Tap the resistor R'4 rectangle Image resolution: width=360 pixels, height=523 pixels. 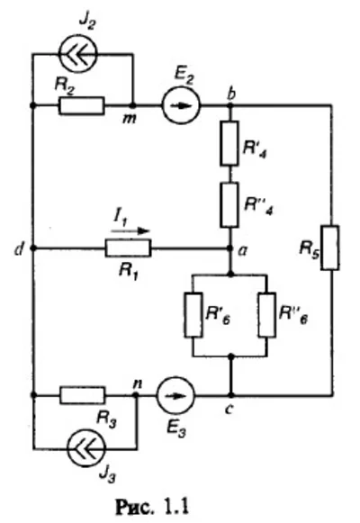[x=231, y=146]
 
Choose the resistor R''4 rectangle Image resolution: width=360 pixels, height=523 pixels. [x=231, y=208]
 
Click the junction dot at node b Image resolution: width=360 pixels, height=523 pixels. [x=231, y=105]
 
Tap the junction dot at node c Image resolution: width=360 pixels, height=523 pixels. [x=231, y=394]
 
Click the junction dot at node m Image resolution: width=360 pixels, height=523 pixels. [x=133, y=105]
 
